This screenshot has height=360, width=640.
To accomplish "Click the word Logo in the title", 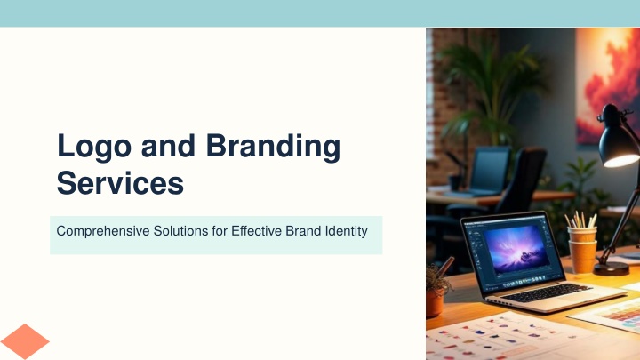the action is click(94, 147).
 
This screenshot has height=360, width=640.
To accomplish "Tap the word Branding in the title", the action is click(273, 147).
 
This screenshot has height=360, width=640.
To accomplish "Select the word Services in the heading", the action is click(120, 183).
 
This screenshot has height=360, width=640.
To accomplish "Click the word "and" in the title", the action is click(168, 146).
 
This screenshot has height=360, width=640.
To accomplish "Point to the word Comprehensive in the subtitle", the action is click(103, 231).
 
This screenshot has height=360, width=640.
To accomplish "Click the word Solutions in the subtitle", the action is click(180, 231).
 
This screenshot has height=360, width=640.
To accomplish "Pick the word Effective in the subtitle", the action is click(256, 231).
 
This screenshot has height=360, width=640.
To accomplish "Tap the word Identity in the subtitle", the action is click(346, 231).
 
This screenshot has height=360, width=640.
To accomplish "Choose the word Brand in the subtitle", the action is click(303, 231).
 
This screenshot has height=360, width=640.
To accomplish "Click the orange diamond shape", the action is click(25, 341).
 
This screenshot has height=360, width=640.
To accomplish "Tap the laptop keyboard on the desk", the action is click(546, 293).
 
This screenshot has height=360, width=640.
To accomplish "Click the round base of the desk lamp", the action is click(611, 268).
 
